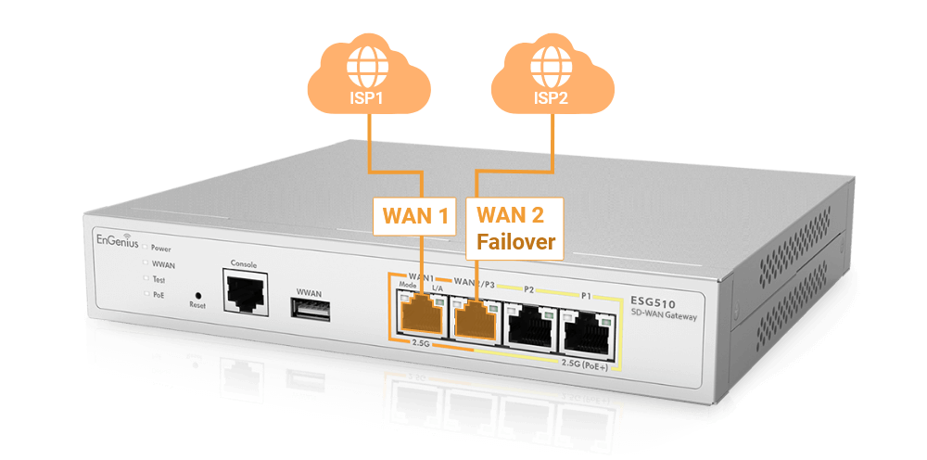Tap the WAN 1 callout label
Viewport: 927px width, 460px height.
click(416, 217)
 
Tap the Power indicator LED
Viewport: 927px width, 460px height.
click(144, 248)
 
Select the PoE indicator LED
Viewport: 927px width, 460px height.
click(145, 293)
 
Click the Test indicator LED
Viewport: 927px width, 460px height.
click(144, 278)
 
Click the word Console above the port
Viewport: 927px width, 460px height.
click(243, 262)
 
